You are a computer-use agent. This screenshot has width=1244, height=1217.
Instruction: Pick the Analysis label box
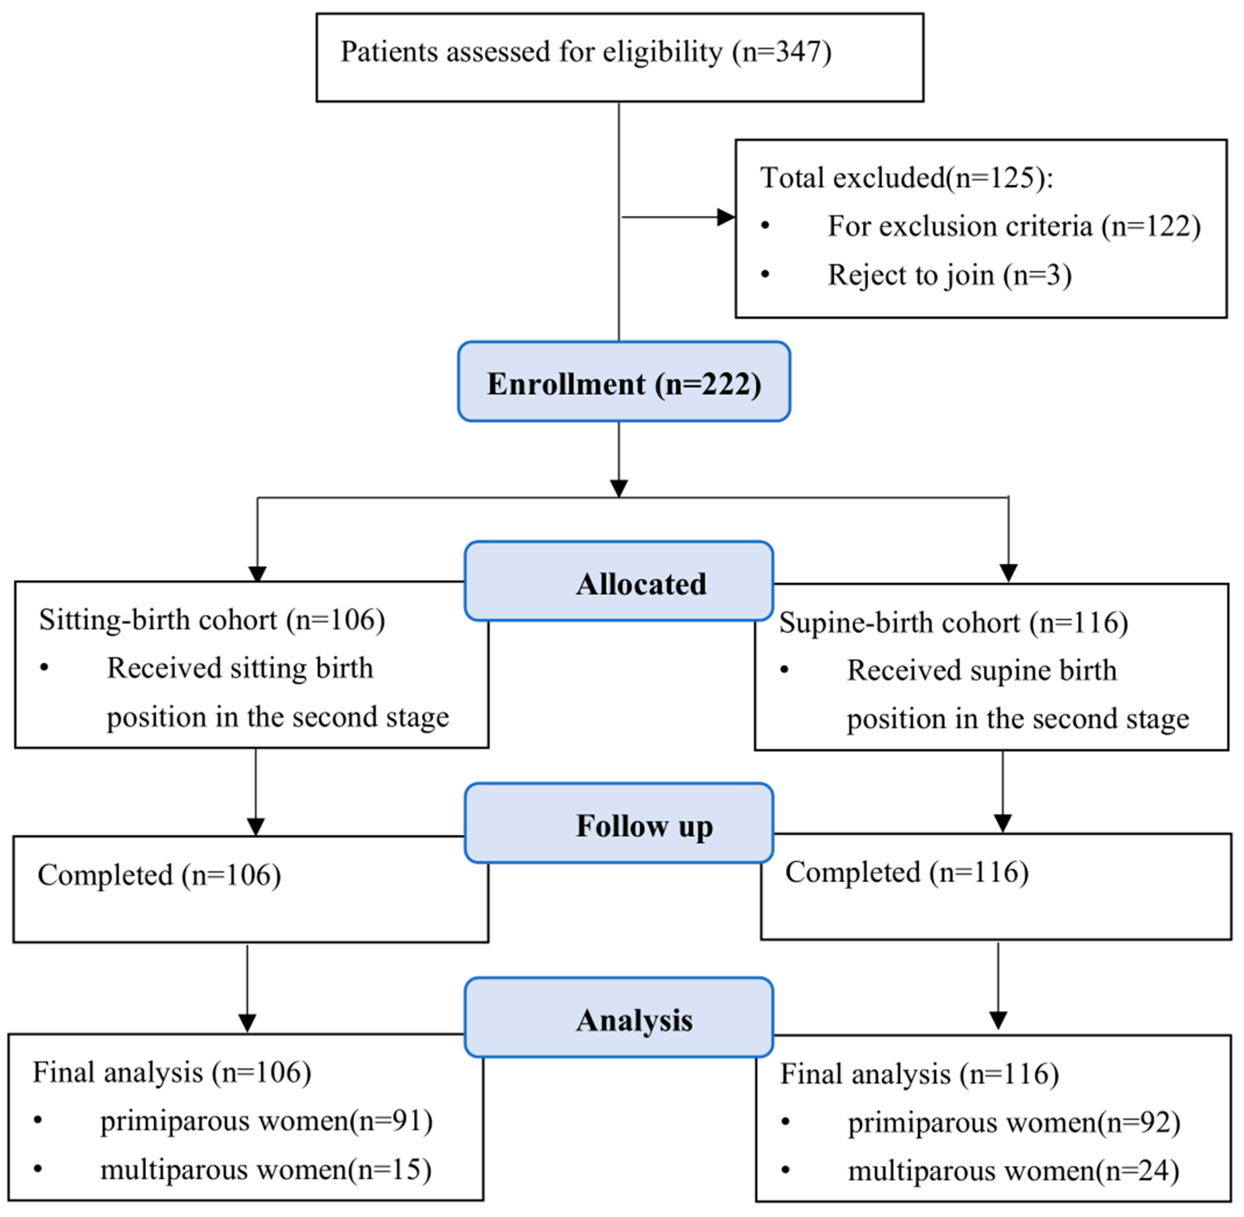(618, 1018)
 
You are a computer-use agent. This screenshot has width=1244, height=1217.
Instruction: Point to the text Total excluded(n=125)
(905, 178)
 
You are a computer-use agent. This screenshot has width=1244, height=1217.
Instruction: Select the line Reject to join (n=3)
(949, 275)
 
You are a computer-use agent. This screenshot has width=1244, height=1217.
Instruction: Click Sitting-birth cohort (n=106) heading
(212, 620)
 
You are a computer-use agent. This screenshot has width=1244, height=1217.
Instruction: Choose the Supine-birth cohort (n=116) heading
(953, 622)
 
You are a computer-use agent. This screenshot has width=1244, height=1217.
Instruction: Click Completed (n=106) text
(159, 875)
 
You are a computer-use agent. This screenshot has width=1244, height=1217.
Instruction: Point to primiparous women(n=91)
(266, 1121)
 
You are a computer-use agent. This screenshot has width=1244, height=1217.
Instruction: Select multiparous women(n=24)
(1013, 1171)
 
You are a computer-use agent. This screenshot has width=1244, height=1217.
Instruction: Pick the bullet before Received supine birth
(784, 670)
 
